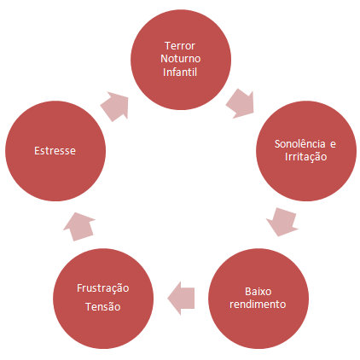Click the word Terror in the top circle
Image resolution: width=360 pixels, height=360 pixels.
pyautogui.click(x=180, y=46)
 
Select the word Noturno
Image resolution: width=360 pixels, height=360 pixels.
pyautogui.click(x=181, y=59)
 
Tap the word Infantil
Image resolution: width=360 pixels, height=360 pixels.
pyautogui.click(x=180, y=72)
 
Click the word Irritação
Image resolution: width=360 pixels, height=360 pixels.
pyautogui.click(x=305, y=157)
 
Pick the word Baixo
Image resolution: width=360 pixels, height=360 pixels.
pyautogui.click(x=258, y=292)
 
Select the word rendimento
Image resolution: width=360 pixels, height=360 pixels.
pyautogui.click(x=258, y=305)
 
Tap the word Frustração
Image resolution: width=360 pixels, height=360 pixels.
pyautogui.click(x=103, y=288)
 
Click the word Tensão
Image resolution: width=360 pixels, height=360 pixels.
pyautogui.click(x=103, y=307)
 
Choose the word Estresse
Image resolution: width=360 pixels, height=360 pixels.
pyautogui.click(x=55, y=151)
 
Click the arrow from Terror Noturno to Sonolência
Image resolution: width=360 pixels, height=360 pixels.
pyautogui.click(x=241, y=103)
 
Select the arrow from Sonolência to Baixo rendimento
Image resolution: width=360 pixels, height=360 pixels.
pyautogui.click(x=282, y=222)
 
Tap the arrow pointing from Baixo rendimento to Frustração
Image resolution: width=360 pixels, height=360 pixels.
pyautogui.click(x=181, y=299)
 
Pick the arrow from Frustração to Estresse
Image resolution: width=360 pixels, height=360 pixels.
pyautogui.click(x=79, y=226)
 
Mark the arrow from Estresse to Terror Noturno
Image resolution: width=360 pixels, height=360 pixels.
pyautogui.click(x=114, y=107)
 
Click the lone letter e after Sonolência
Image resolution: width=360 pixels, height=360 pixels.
pyautogui.click(x=333, y=144)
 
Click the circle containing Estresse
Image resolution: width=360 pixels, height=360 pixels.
pyautogui.click(x=55, y=151)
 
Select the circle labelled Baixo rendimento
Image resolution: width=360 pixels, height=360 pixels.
pyautogui.click(x=258, y=299)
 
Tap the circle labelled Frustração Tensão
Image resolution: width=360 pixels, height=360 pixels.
pyautogui.click(x=103, y=299)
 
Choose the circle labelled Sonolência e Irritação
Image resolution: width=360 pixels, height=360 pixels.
pyautogui.click(x=306, y=151)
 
